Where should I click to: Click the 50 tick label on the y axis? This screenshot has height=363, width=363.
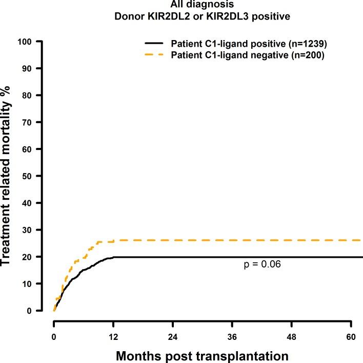(x=39, y=176)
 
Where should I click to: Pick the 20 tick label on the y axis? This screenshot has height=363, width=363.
(x=39, y=257)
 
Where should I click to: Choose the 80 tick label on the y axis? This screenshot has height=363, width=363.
(x=39, y=95)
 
